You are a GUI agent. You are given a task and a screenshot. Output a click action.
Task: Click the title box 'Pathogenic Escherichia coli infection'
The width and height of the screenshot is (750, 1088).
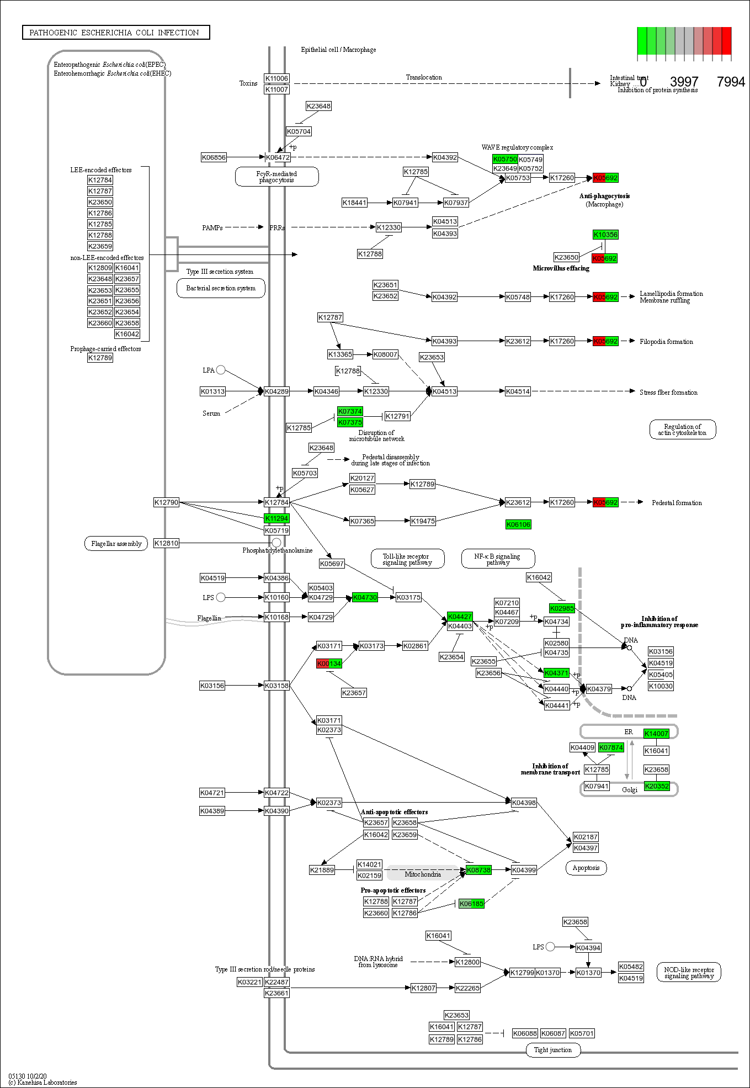(x=116, y=33)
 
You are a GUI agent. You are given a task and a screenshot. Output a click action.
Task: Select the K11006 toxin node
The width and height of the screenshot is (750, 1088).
(x=276, y=78)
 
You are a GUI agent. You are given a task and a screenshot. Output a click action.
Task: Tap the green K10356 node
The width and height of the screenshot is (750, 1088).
(x=605, y=235)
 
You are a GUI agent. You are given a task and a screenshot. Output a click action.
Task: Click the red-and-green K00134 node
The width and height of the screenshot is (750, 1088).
(x=329, y=664)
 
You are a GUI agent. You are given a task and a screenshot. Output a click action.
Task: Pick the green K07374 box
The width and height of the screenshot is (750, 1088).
(x=350, y=411)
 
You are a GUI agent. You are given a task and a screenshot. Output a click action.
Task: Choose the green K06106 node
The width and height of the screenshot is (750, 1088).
(x=518, y=524)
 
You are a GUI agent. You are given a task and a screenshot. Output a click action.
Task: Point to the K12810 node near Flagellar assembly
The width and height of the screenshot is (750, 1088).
(x=166, y=543)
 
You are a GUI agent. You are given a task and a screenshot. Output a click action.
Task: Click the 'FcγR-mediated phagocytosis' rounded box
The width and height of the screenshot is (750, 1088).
(x=276, y=177)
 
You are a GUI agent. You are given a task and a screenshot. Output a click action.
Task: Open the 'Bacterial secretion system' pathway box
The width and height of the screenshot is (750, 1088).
(x=221, y=288)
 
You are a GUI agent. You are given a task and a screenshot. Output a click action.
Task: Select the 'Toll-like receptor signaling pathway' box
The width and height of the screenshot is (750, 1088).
(x=407, y=559)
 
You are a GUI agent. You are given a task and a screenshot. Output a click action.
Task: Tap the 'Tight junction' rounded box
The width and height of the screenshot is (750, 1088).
(x=553, y=1050)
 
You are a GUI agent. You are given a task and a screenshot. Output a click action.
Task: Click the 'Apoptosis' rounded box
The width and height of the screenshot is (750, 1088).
(x=586, y=868)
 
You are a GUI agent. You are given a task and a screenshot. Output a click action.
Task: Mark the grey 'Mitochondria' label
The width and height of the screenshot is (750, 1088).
(x=423, y=874)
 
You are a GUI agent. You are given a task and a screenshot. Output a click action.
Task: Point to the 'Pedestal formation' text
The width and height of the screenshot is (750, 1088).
(x=677, y=503)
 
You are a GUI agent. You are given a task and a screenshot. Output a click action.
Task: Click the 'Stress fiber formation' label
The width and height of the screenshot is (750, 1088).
(x=668, y=392)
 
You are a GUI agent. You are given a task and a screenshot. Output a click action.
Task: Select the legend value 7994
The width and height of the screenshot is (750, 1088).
(x=731, y=82)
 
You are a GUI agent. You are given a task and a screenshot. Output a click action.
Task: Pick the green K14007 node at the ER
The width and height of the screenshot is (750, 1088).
(x=656, y=734)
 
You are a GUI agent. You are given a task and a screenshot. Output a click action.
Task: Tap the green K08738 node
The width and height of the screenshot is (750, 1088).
(x=478, y=870)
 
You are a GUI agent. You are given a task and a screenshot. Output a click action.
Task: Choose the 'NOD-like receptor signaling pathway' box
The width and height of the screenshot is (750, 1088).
(x=689, y=973)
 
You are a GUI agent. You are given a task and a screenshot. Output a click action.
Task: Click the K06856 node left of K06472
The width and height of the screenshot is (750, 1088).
(x=214, y=157)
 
